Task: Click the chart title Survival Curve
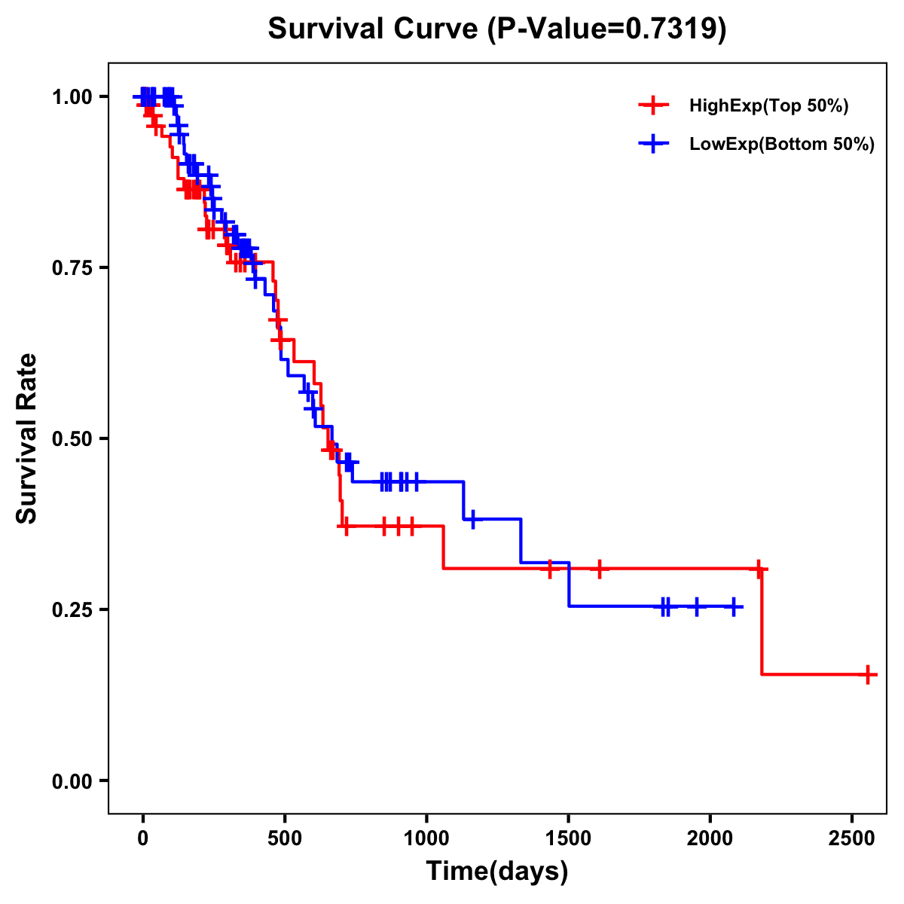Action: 373,29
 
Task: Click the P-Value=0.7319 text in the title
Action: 606,29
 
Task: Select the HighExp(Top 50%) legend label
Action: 768,106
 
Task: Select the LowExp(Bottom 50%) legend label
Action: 782,145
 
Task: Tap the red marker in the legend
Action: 653,105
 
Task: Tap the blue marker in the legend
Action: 653,144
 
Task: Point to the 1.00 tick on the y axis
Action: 72,97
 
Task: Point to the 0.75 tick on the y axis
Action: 72,268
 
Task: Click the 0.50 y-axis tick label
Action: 72,439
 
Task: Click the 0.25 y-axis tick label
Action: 72,610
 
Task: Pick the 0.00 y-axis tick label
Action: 72,781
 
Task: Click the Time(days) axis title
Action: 497,872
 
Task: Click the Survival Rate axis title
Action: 27,438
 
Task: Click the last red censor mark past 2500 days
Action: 868,674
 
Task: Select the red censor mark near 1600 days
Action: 599,569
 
